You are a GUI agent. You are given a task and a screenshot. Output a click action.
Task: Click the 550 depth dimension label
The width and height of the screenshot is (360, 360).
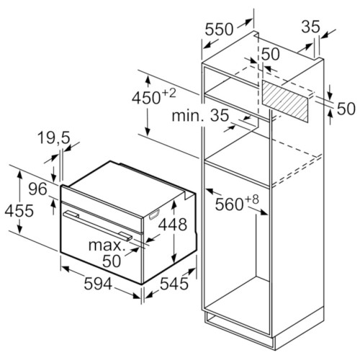pos(219,30)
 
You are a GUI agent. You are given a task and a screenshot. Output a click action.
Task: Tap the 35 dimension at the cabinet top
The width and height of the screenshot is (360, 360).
pos(310,27)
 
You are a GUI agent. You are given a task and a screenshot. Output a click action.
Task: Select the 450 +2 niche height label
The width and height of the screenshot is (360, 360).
pos(154,96)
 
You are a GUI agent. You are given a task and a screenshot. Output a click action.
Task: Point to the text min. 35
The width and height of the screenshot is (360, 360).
pos(200,115)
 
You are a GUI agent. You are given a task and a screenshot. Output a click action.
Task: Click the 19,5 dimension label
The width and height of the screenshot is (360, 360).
pos(54,138)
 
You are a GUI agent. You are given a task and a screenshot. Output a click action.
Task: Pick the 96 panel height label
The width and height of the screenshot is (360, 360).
pos(37,189)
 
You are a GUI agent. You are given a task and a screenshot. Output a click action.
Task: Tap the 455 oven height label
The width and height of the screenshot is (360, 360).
pos(19,211)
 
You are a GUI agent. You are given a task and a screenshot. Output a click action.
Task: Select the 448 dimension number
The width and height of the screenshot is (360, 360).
pos(173,225)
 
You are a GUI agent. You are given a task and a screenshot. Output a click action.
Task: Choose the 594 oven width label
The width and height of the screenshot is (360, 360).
pos(98,284)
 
